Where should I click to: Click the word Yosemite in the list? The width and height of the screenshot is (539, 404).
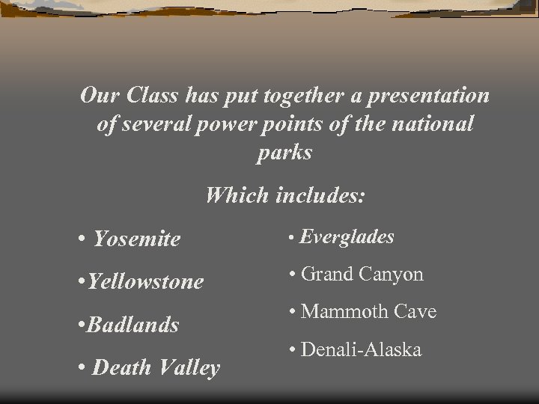pos(136,239)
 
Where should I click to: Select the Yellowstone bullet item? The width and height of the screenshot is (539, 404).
pos(145,282)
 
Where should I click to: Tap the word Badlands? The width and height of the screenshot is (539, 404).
pos(133,325)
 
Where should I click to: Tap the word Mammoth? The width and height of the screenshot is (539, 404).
pos(338,312)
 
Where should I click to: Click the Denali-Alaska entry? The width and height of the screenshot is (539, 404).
pos(361,349)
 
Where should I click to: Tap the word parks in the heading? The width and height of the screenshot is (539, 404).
pos(284,153)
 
